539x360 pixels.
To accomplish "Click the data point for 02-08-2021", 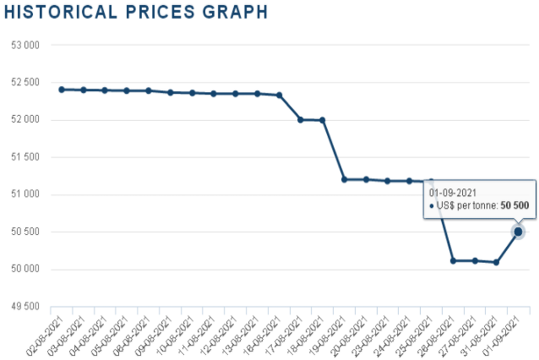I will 62,89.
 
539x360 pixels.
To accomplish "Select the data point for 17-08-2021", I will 301,119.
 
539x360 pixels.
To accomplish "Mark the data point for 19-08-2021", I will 344,179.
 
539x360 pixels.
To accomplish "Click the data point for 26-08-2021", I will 453,260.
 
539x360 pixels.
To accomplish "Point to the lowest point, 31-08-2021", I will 496,262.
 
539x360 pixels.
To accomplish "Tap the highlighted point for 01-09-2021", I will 518,232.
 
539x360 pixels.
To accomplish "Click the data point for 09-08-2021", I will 170,92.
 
